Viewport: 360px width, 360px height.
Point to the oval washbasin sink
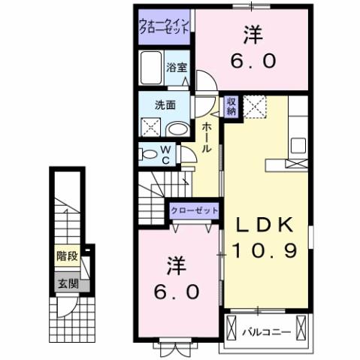pos(176,129)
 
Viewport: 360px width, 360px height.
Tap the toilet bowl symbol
pos(147,155)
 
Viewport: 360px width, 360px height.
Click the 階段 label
pos(67,256)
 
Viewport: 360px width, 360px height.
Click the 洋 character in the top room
pos(251,35)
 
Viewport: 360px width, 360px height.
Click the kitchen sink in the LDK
pos(295,144)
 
